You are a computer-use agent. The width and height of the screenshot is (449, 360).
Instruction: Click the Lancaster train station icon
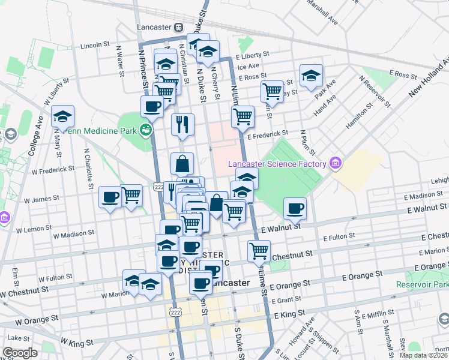tap(178, 27)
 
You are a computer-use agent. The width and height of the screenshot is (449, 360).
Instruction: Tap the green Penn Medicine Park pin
tap(145, 129)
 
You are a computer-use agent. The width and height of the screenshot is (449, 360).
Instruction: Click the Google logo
tap(20, 353)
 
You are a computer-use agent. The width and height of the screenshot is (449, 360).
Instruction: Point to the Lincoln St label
tap(95, 45)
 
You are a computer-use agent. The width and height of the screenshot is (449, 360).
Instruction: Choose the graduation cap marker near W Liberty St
tap(62, 117)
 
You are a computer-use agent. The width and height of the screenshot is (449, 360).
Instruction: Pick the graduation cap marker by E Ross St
tap(311, 76)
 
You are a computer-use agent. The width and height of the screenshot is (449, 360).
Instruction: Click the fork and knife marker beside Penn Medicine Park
tap(181, 124)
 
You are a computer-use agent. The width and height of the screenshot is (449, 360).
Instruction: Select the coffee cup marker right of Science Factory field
tap(294, 208)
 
